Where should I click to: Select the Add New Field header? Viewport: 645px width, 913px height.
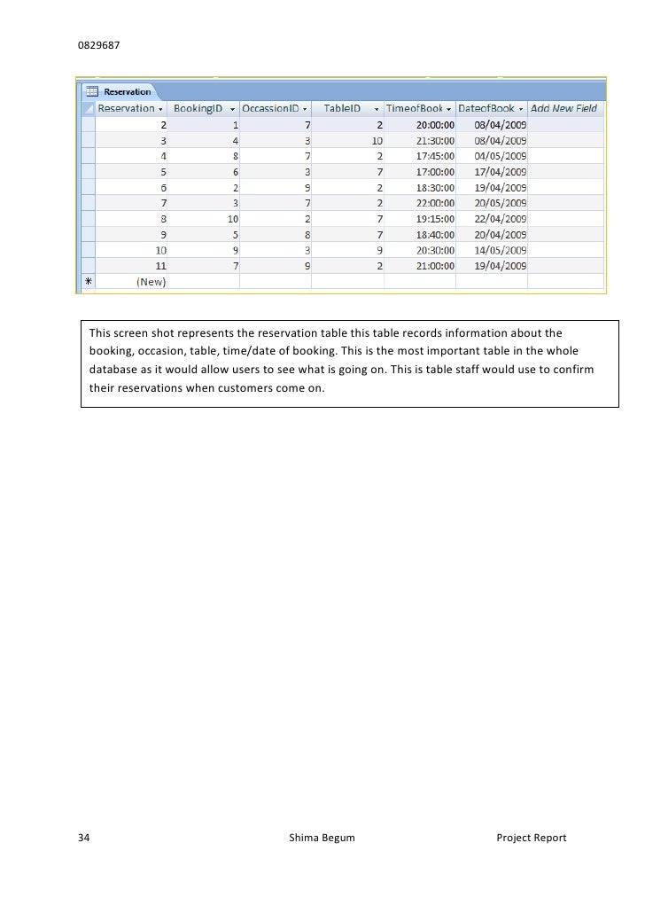564,108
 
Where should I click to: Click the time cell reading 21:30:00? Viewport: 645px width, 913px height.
435,140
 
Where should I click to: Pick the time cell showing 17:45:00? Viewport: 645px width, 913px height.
435,156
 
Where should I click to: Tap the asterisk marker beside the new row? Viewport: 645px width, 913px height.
88,283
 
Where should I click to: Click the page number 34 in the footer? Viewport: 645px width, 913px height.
84,838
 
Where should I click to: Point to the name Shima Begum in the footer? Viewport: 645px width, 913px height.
322,838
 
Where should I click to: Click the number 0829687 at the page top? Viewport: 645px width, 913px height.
97,43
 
